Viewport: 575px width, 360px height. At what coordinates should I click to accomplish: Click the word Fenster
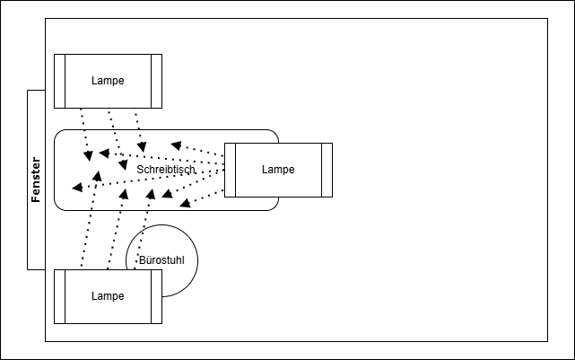tap(36, 180)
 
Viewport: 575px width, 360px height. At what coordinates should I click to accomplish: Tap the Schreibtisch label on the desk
tap(165, 169)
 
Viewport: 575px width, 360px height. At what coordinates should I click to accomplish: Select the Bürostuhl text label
tap(161, 260)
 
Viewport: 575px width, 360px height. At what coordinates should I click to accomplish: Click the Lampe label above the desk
tap(108, 81)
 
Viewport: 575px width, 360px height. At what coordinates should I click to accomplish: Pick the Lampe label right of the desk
tap(278, 170)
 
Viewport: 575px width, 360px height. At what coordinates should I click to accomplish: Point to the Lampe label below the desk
tap(108, 296)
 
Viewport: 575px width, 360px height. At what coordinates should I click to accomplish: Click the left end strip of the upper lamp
tap(59, 81)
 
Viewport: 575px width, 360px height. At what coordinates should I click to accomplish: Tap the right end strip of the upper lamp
tap(157, 81)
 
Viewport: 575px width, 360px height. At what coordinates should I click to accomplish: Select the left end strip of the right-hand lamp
tap(230, 170)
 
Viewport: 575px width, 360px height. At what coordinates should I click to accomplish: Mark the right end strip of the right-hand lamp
tap(327, 170)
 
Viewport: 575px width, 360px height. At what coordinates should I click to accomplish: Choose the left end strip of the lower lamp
tap(59, 296)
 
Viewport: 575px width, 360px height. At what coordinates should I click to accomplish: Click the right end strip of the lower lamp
tap(157, 296)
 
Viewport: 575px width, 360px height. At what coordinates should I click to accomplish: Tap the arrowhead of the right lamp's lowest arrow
tap(184, 204)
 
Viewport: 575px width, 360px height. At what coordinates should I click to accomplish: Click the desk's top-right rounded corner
tap(273, 136)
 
